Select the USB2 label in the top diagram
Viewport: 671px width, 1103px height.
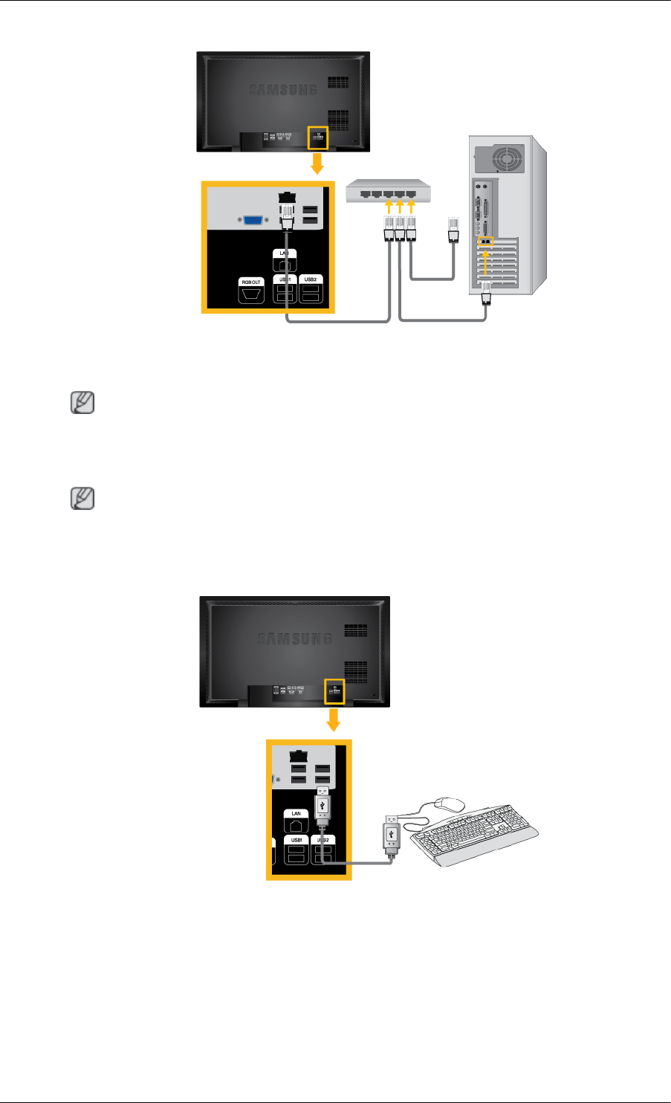click(310, 279)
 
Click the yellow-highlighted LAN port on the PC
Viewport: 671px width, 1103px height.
click(485, 241)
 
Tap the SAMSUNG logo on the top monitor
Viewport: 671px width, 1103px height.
click(282, 90)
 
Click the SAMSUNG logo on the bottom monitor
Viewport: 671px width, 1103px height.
click(294, 638)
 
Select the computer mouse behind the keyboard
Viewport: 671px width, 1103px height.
click(450, 804)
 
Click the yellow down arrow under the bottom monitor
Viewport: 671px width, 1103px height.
click(334, 720)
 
